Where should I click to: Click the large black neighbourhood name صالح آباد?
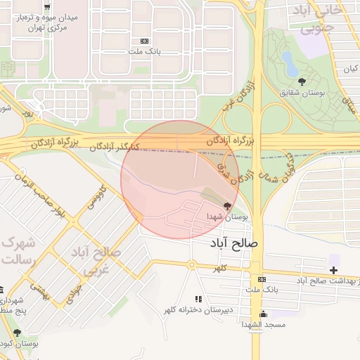click(235, 243)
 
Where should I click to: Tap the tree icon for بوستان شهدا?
click(226, 205)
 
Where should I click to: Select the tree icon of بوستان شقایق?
click(302, 82)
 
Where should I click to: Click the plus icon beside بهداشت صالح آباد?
click(333, 270)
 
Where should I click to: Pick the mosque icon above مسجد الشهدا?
click(263, 314)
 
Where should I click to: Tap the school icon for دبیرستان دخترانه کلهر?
click(198, 299)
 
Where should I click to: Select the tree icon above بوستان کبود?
click(17, 333)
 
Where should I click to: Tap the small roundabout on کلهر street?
click(191, 264)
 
